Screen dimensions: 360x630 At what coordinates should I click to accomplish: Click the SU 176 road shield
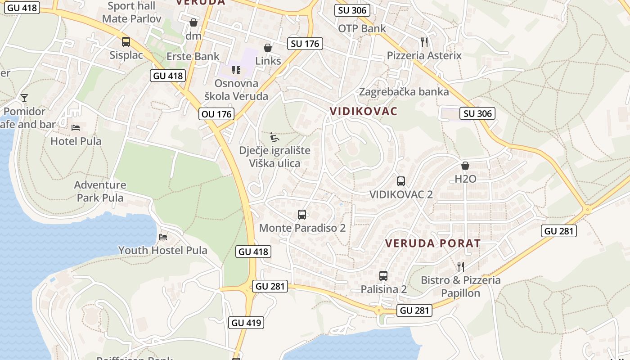coord(305,44)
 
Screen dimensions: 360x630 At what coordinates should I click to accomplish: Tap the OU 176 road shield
coord(217,114)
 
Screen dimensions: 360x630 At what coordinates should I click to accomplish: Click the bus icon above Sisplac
coord(126,42)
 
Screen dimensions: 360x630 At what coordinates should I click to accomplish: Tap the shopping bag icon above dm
coord(193,22)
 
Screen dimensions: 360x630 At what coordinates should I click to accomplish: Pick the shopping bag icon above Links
coord(268,47)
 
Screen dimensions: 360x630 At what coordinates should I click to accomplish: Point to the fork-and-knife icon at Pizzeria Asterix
coord(424,42)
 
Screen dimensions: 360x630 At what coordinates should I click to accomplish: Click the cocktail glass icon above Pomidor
coord(24,98)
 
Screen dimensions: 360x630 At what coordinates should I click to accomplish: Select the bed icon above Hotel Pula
coord(76,128)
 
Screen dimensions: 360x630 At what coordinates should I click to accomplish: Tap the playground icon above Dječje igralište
coord(274,137)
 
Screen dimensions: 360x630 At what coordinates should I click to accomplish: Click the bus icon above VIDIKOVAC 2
coord(401,181)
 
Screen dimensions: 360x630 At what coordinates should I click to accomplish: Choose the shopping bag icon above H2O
coord(465,166)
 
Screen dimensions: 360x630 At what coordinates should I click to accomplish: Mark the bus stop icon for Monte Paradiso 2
coord(302,215)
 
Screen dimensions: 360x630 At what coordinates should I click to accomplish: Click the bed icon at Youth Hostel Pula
coord(163,237)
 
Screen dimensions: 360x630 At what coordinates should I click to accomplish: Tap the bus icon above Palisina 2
coord(383,276)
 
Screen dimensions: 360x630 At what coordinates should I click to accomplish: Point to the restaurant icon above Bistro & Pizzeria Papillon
coord(460,267)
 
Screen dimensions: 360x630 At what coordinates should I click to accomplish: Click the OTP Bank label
coord(362,28)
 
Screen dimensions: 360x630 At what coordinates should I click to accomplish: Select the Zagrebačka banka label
coord(404,92)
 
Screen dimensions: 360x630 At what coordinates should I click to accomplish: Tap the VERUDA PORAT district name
coord(432,243)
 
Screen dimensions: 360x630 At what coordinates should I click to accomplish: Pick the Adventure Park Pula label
coord(100,191)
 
